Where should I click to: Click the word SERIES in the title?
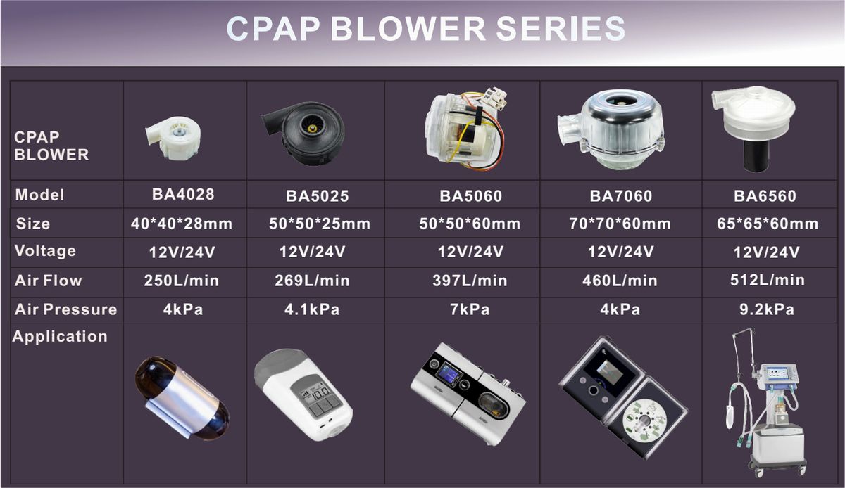tap(561, 28)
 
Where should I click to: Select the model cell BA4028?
tap(183, 195)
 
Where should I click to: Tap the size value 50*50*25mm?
tap(320, 224)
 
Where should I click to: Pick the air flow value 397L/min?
tap(470, 281)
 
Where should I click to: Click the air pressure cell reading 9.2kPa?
tap(767, 309)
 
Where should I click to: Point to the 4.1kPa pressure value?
tap(312, 309)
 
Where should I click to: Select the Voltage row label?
tap(45, 251)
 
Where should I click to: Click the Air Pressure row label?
tap(66, 309)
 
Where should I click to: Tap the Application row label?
tap(60, 337)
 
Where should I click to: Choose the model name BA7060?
tap(621, 196)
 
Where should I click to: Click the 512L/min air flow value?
tap(768, 280)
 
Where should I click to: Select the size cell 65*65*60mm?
tap(768, 224)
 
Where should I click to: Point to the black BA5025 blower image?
tap(303, 134)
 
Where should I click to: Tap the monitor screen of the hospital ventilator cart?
tap(778, 374)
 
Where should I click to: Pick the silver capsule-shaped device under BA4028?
tap(182, 398)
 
